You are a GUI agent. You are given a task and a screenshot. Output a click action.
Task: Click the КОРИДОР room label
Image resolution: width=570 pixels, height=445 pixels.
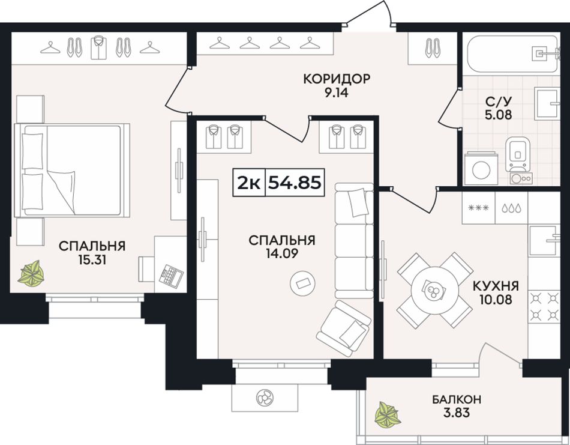point(337,79)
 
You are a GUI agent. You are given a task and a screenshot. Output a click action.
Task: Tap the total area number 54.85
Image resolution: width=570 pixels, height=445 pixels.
point(295,183)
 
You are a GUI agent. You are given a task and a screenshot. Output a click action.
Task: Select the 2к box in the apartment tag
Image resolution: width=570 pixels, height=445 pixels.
point(249,183)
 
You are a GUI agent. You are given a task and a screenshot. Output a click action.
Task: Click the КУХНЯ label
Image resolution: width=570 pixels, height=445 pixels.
point(496,286)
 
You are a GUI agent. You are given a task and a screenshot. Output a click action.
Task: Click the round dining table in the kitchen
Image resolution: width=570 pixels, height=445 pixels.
point(434,289)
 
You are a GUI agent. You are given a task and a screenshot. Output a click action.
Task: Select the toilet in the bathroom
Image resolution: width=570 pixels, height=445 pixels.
point(518,154)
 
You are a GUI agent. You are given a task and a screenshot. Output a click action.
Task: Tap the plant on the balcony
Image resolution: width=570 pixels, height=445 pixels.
point(388,414)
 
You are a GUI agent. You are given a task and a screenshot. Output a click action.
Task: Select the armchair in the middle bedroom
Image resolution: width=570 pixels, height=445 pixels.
point(344,328)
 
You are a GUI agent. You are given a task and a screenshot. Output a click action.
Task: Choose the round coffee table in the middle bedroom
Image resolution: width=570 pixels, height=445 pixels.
point(302,283)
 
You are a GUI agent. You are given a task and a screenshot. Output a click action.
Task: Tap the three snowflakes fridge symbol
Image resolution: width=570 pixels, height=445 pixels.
point(478,208)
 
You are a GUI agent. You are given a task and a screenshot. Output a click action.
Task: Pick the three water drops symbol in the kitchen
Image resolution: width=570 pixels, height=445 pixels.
point(511,208)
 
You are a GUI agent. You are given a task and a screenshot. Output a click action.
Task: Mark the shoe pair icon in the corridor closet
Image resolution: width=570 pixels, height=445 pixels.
point(432,48)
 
